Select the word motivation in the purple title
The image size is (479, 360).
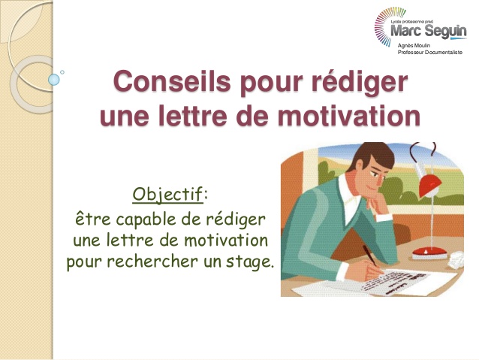349,116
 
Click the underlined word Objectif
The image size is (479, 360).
167,195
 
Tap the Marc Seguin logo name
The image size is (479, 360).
428,31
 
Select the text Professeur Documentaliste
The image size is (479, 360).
429,53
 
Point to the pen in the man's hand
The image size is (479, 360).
369,256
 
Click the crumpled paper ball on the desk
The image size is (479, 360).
456,260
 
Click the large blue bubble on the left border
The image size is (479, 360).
54,80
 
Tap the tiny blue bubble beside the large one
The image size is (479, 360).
62,72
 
